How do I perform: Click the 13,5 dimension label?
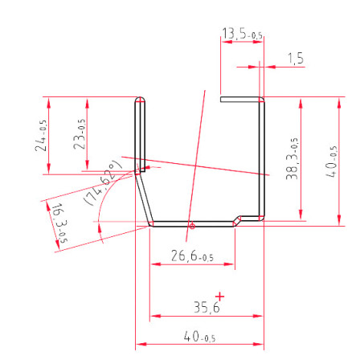pos(242,34)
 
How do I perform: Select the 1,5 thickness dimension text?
pos(296,58)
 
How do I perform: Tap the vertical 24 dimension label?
pos(41,136)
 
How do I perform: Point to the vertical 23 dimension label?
pos(80,134)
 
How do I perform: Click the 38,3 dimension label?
pos(292,158)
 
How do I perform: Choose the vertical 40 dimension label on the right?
pos(331,162)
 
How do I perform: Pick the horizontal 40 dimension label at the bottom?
pos(199,337)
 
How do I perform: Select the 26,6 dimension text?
pos(192,256)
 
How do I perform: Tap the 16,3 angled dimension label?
pos(59,223)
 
